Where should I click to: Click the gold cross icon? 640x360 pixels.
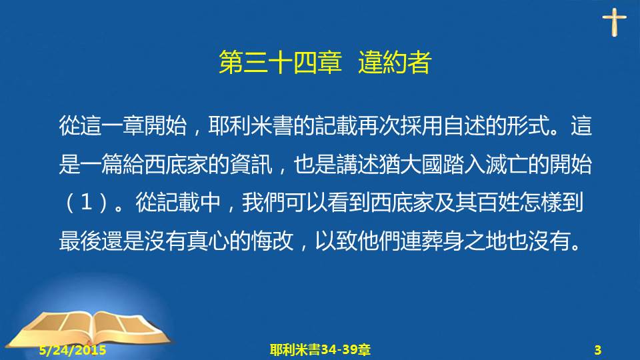tap(614, 22)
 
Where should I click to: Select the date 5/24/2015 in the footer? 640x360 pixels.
tap(73, 350)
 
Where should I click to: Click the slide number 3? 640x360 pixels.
tap(597, 350)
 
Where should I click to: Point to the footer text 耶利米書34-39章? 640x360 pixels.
tap(320, 350)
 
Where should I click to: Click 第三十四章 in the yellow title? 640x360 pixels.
tap(280, 63)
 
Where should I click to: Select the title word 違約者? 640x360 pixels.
tap(395, 63)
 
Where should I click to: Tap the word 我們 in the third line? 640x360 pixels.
tap(263, 203)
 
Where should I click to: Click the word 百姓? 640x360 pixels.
tap(497, 203)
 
